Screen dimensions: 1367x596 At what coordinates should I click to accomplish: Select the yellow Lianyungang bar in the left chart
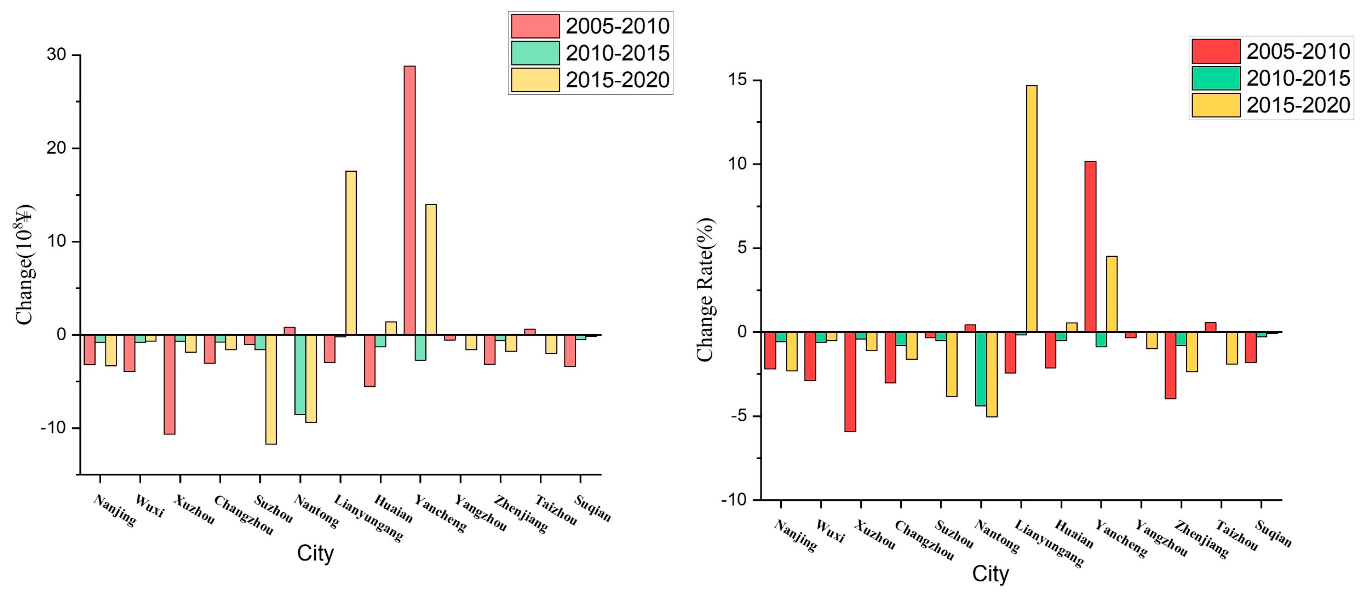pyautogui.click(x=351, y=253)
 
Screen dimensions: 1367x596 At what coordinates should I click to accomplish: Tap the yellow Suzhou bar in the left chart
pyautogui.click(x=271, y=389)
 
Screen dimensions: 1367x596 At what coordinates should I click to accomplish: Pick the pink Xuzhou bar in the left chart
pyautogui.click(x=169, y=385)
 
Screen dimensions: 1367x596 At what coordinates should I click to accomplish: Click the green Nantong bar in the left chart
pyautogui.click(x=300, y=374)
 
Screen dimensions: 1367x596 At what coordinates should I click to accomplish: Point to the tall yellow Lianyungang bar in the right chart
pyautogui.click(x=1032, y=209)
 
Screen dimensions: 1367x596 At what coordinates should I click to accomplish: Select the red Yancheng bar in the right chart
pyautogui.click(x=1091, y=247)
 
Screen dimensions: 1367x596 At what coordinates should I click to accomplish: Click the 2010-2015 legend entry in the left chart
pyautogui.click(x=590, y=53)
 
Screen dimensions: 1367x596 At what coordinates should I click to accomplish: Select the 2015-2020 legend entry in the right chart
pyautogui.click(x=1271, y=105)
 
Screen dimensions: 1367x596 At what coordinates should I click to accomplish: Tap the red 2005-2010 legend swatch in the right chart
pyautogui.click(x=1216, y=51)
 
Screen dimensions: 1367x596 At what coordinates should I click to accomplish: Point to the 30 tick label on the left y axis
pyautogui.click(x=56, y=55)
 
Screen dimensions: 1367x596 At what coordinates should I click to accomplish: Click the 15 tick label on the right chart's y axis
pyautogui.click(x=736, y=80)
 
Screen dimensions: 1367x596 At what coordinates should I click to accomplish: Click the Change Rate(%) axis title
pyautogui.click(x=705, y=290)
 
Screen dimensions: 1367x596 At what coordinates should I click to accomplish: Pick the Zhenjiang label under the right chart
pyautogui.click(x=1201, y=540)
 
